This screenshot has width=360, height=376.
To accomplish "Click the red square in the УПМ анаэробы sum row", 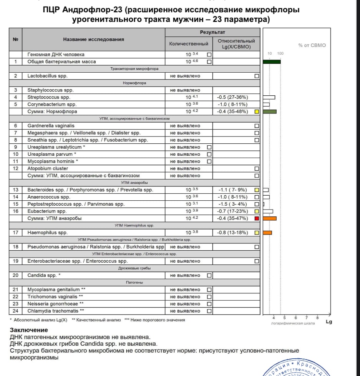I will tap(257, 218).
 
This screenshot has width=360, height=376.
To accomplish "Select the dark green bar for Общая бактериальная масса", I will tap(271, 62).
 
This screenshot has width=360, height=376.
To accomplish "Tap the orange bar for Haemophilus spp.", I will tap(267, 233).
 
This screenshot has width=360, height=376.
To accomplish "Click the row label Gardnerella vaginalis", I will tap(51, 126).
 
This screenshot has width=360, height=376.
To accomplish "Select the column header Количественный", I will tap(189, 44).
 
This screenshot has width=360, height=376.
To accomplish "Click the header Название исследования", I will tap(93, 39).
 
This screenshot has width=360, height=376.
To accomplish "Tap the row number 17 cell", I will tap(16, 233).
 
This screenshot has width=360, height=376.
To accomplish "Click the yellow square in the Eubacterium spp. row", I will tap(257, 211).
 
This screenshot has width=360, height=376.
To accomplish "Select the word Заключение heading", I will tap(29, 330).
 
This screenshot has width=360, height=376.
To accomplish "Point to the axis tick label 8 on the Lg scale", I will tap(317, 318).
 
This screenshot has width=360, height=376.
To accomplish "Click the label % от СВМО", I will tap(312, 45).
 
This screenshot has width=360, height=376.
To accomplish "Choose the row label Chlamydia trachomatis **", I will tap(55, 311).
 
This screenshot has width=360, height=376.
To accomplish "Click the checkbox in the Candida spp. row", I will tap(209, 275).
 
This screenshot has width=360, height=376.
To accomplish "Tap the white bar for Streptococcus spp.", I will tap(269, 97).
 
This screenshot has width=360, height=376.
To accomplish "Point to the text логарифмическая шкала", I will tap(293, 323).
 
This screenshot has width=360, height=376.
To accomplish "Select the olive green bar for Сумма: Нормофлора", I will tap(269, 111).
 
